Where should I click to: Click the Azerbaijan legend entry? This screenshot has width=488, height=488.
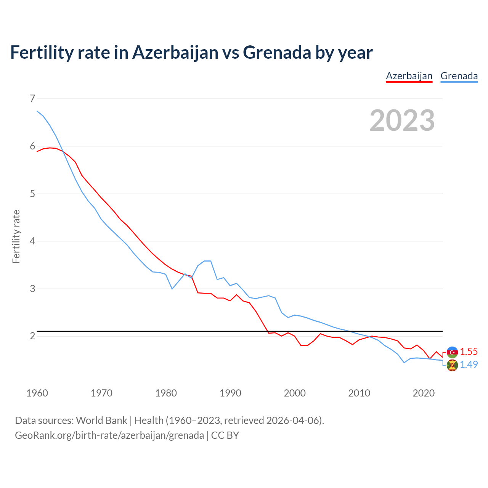pyautogui.click(x=409, y=76)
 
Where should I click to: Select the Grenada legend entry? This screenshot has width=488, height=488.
pyautogui.click(x=459, y=76)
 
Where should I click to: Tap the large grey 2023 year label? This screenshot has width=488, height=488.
pyautogui.click(x=402, y=120)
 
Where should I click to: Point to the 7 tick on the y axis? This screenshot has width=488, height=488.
pyautogui.click(x=32, y=99)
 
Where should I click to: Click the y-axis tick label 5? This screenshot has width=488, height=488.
pyautogui.click(x=32, y=194)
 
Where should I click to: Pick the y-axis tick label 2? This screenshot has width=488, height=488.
pyautogui.click(x=32, y=336)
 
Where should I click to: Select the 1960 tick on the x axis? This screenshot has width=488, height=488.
pyautogui.click(x=37, y=393)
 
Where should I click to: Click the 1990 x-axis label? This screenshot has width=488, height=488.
pyautogui.click(x=230, y=393)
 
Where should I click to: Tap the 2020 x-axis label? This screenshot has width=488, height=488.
pyautogui.click(x=424, y=393)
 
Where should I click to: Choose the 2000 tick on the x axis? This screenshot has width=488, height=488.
pyautogui.click(x=295, y=393)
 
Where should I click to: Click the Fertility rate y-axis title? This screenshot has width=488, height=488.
pyautogui.click(x=16, y=236)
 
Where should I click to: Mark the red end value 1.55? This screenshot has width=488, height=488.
pyautogui.click(x=469, y=352)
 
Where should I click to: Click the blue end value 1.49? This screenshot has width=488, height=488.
pyautogui.click(x=469, y=364)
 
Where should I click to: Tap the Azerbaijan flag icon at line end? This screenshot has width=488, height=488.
pyautogui.click(x=452, y=352)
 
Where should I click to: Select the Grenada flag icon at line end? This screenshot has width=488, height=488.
pyautogui.click(x=452, y=365)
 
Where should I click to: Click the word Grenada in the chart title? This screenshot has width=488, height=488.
pyautogui.click(x=277, y=52)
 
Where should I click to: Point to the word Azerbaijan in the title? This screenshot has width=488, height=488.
pyautogui.click(x=175, y=52)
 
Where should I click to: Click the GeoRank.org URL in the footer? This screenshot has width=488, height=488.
pyautogui.click(x=109, y=435)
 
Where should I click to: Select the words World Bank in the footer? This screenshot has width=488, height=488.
pyautogui.click(x=101, y=421)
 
